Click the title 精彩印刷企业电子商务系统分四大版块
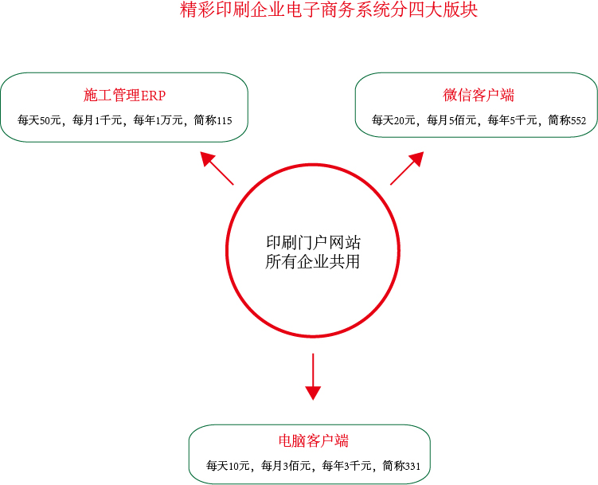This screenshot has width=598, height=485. click(328, 10)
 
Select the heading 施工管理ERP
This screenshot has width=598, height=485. click(124, 96)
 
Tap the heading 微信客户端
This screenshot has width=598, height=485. click(479, 95)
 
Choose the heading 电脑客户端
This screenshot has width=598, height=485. click(314, 440)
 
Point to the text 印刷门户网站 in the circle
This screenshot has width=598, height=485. click(313, 242)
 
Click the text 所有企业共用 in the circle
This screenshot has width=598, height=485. click(313, 261)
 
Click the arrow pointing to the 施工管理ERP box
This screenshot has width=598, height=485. click(217, 168)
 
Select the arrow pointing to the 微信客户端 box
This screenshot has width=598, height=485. click(407, 168)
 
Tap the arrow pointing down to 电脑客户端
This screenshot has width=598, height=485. click(313, 377)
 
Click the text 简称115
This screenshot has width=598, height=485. click(213, 120)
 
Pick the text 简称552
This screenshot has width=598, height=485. click(567, 120)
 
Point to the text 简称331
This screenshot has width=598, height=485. click(401, 466)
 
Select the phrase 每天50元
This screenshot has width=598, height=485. click(39, 120)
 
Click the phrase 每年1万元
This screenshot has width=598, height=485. click(158, 120)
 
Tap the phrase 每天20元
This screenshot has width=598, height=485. click(393, 120)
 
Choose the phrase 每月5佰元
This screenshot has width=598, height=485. click(451, 120)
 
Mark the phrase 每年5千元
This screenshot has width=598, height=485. click(512, 120)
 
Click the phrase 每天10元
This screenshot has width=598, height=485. click(228, 466)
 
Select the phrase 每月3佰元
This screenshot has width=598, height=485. click(286, 466)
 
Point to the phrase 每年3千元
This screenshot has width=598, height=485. click(346, 466)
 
